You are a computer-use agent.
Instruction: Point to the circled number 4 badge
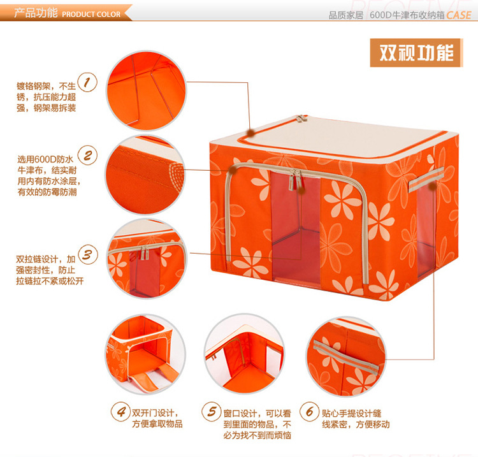click(x=119, y=411)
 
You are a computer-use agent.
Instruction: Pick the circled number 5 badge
click(x=211, y=411)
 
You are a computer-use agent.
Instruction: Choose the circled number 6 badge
click(x=310, y=411)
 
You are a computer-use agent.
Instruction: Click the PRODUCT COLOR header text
click(x=91, y=14)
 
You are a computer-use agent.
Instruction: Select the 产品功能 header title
click(x=36, y=13)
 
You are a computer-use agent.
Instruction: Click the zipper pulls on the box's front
click(x=294, y=180)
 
